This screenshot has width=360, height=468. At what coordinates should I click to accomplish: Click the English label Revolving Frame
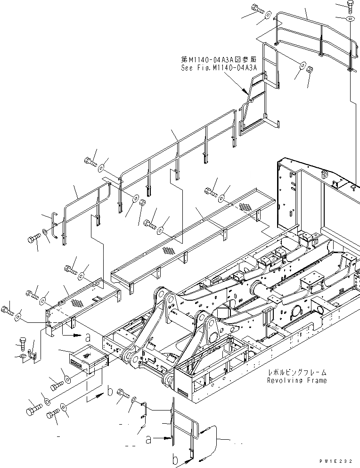pos(296,380)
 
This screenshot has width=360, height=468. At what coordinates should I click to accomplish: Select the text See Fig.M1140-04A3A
pos(219,67)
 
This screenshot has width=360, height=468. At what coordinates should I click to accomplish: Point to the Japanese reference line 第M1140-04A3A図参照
pos(219,60)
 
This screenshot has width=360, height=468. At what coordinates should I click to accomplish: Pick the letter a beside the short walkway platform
pos(88,337)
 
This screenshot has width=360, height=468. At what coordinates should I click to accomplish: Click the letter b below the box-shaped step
pos(110,390)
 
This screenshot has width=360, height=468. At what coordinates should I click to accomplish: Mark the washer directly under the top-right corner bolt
pos(350,19)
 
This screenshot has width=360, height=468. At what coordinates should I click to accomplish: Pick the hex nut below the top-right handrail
pos(311,70)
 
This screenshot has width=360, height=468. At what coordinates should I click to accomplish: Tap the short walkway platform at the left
pos(82,302)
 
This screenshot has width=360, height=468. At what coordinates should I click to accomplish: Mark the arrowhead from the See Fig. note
pos(245,90)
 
